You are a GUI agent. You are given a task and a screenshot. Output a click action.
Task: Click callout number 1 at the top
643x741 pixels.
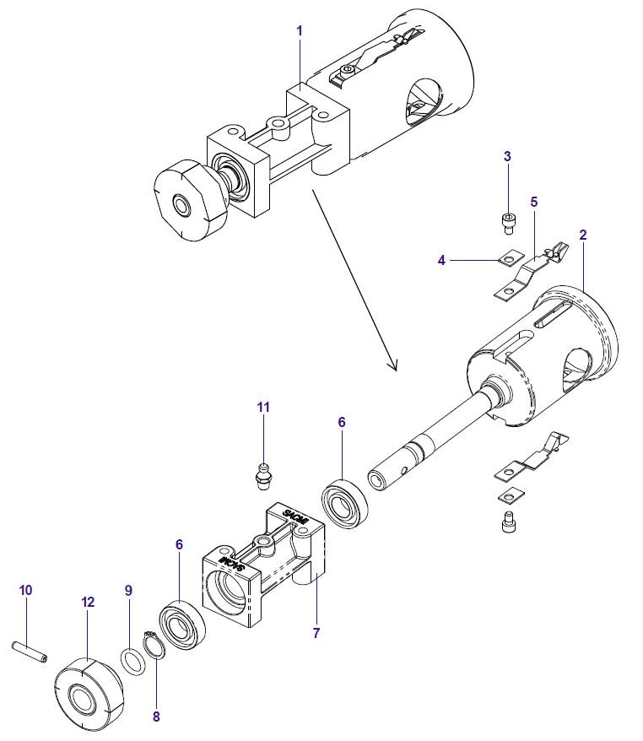[300, 30]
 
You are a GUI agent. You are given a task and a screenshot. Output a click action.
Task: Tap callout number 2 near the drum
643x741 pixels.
[583, 233]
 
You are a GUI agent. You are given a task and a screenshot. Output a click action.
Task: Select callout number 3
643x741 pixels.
[507, 156]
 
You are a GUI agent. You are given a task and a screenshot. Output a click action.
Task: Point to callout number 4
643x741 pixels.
[441, 261]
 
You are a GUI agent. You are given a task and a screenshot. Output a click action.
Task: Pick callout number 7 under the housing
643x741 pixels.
[316, 633]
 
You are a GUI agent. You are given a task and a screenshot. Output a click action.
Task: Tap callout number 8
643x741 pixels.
[156, 717]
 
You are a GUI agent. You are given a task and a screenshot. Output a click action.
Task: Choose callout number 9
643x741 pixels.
[128, 591]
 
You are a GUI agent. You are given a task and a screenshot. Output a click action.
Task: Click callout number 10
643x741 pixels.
[25, 590]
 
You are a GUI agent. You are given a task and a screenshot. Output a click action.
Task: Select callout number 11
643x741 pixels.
[263, 407]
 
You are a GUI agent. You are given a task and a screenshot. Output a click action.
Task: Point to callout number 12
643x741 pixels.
[89, 603]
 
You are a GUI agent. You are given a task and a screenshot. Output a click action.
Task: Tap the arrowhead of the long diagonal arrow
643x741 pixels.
[391, 365]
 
